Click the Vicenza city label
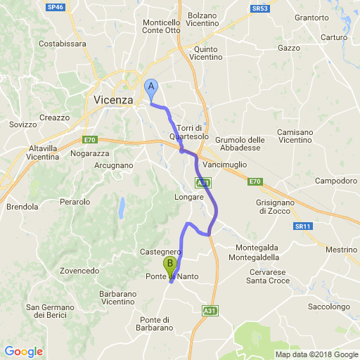pyautogui.click(x=113, y=100)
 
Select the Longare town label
pyautogui.click(x=189, y=197)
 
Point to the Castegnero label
pyautogui.click(x=162, y=252)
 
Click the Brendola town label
pyautogui.click(x=22, y=207)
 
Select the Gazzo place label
pyautogui.click(x=289, y=48)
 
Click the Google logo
pyautogui.click(x=23, y=352)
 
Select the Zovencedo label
pyautogui.click(x=79, y=271)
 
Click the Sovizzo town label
pyautogui.click(x=22, y=124)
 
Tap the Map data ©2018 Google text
pyautogui.click(x=316, y=354)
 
